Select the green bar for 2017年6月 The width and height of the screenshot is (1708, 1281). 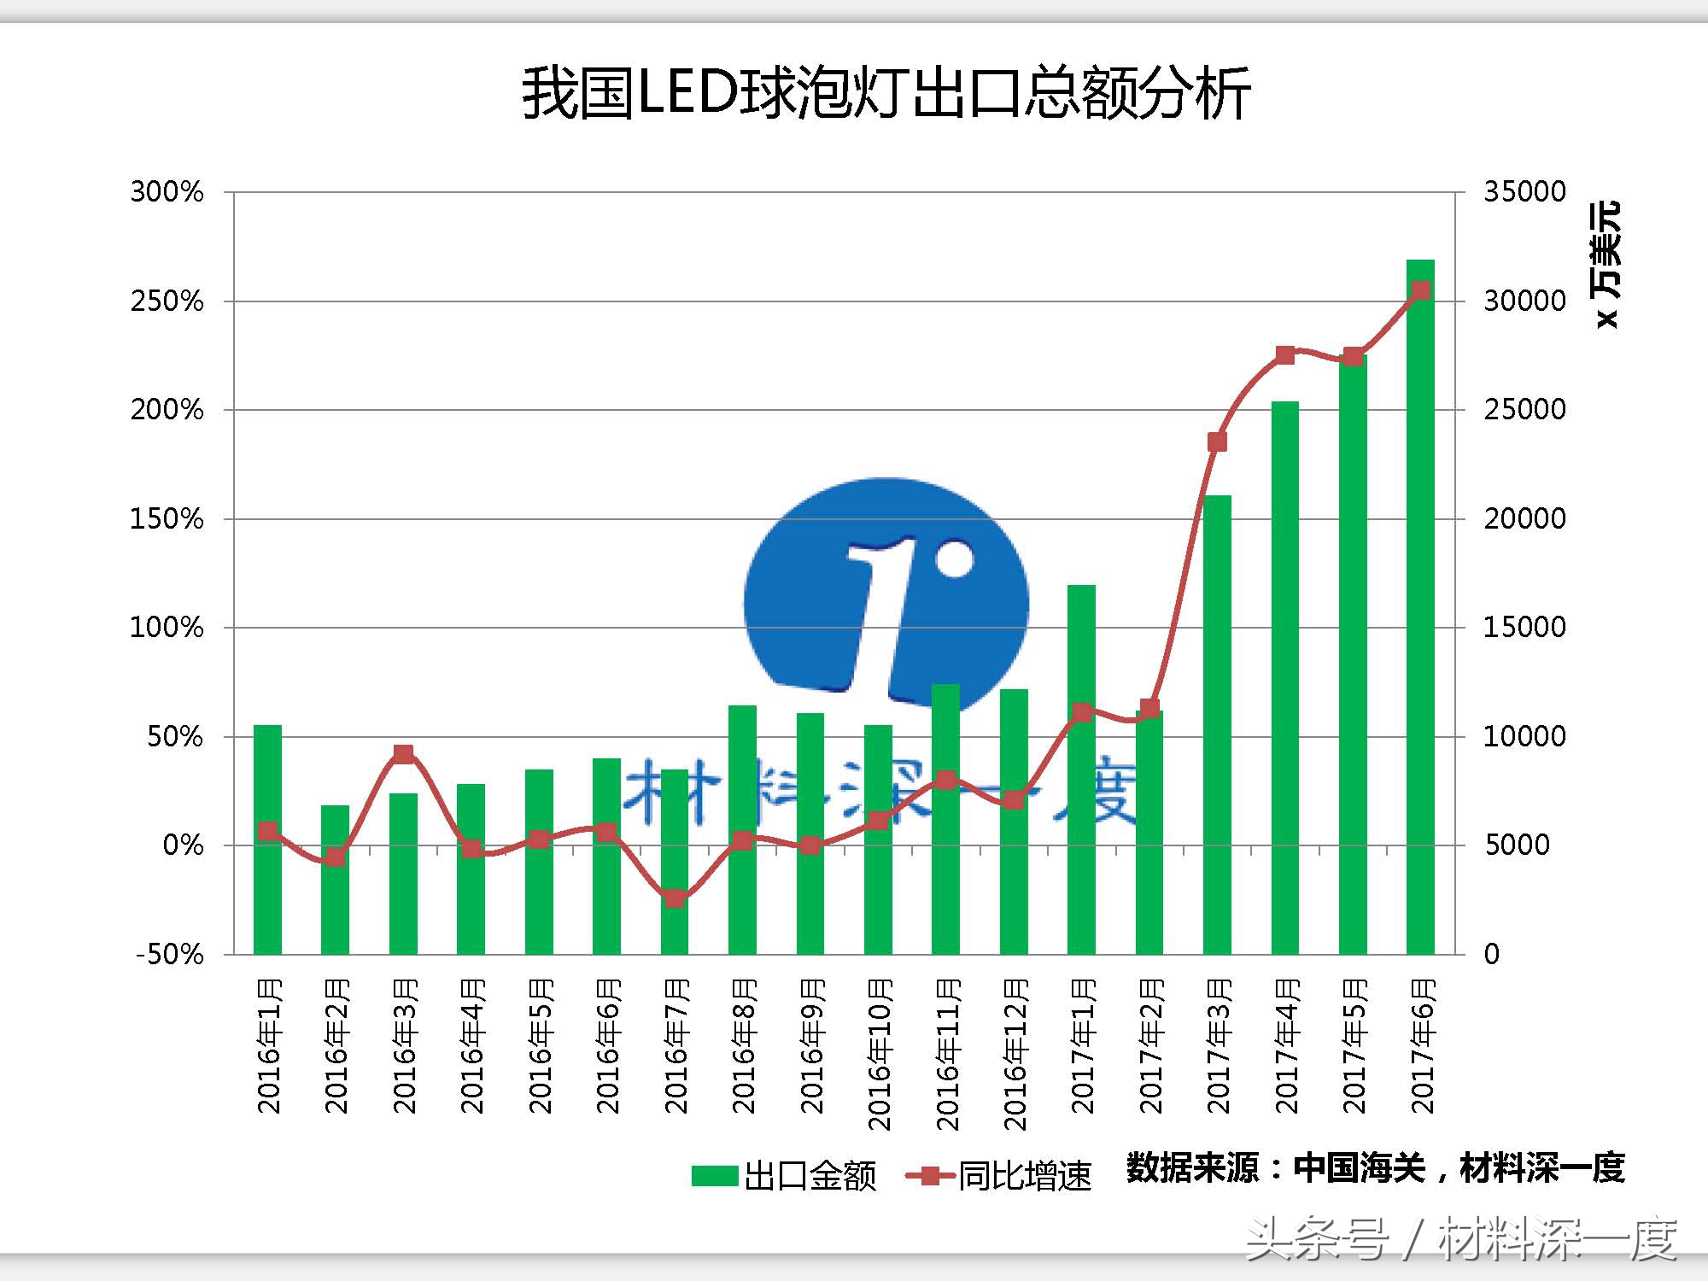1420,606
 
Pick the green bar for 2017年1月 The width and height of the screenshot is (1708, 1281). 1081,769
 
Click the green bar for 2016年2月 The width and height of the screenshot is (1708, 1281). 335,880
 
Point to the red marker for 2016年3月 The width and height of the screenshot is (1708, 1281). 404,753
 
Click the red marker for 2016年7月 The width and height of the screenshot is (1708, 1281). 675,898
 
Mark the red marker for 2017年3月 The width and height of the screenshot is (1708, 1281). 1217,442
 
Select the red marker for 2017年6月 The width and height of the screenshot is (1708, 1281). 1420,291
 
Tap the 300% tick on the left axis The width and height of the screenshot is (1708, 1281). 167,191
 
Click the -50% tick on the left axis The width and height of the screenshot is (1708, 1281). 170,954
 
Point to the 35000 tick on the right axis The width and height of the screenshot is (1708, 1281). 1524,191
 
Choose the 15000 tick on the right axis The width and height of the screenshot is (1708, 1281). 1524,628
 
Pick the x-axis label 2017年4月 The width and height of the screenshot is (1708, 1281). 1286,1046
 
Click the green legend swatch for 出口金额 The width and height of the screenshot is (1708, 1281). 715,1176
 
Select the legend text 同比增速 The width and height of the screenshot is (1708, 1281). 1025,1176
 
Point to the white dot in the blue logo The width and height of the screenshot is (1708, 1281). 954,559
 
